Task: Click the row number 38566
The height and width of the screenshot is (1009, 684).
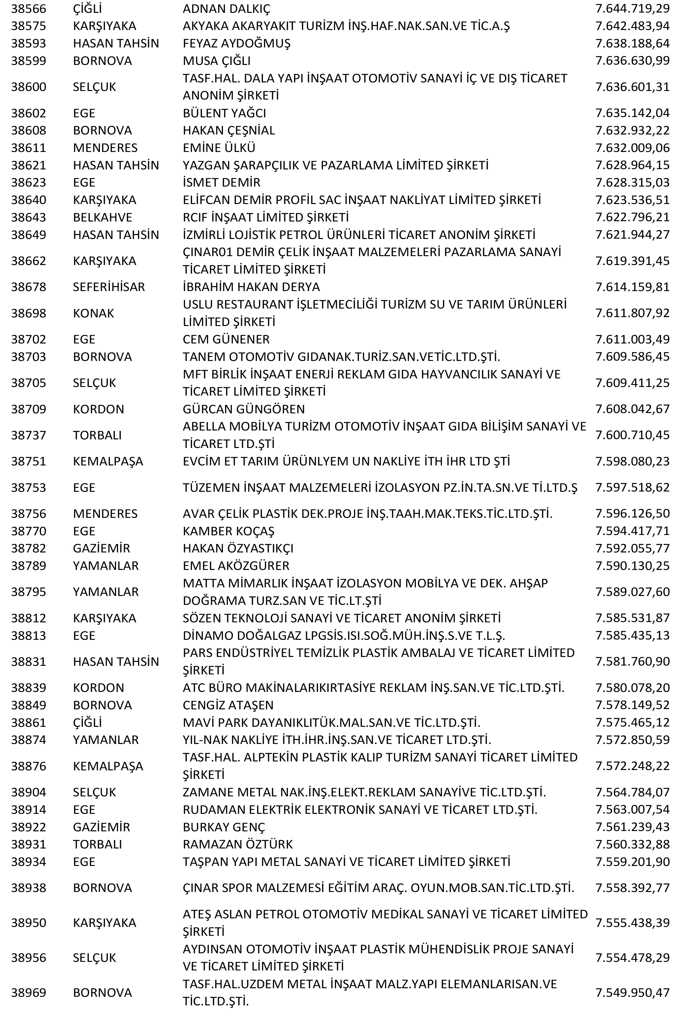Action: (x=28, y=9)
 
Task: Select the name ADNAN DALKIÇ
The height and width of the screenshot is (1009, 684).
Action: (x=226, y=9)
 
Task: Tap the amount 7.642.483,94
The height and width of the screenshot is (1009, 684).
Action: (x=632, y=26)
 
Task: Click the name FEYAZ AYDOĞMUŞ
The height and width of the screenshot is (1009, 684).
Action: (x=237, y=44)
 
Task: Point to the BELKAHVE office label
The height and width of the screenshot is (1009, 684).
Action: (x=103, y=217)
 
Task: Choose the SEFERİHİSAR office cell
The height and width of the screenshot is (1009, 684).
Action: (x=109, y=287)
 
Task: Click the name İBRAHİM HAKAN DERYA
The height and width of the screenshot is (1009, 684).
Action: (x=251, y=287)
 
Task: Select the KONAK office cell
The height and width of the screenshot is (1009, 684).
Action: (x=93, y=313)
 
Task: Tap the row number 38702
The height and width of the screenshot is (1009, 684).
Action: (x=28, y=339)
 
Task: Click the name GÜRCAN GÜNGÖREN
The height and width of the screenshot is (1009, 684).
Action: (x=244, y=409)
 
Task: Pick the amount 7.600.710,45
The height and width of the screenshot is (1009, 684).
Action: (x=632, y=435)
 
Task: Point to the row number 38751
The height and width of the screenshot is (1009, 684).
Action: (x=28, y=461)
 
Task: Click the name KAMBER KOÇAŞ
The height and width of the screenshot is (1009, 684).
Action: (x=229, y=531)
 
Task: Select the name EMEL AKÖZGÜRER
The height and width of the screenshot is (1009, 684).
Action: (x=236, y=566)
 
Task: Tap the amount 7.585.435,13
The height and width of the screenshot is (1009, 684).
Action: (x=632, y=636)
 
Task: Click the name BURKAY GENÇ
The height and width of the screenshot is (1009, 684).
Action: (x=224, y=827)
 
